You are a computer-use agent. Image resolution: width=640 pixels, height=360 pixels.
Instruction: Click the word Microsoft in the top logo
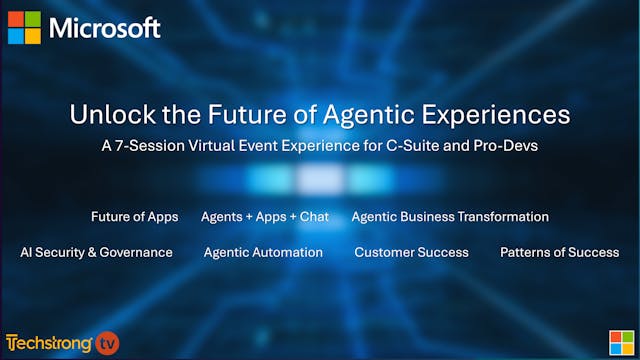pos(105,28)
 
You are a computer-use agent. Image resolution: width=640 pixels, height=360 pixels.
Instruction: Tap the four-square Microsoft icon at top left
pos(26,28)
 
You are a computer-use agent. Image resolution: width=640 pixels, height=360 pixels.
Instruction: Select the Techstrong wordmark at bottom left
pos(50,343)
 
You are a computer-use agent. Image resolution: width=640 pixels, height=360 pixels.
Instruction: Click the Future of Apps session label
pos(133,216)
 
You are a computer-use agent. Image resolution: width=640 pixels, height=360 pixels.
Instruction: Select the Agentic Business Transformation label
pos(450,216)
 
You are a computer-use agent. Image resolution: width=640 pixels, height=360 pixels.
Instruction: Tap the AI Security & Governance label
pos(96,252)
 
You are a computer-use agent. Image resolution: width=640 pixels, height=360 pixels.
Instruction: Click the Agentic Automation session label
pos(263,252)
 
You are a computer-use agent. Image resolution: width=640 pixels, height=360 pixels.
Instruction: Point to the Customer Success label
pos(411,252)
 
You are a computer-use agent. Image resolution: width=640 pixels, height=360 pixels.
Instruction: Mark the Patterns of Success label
pos(559,252)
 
